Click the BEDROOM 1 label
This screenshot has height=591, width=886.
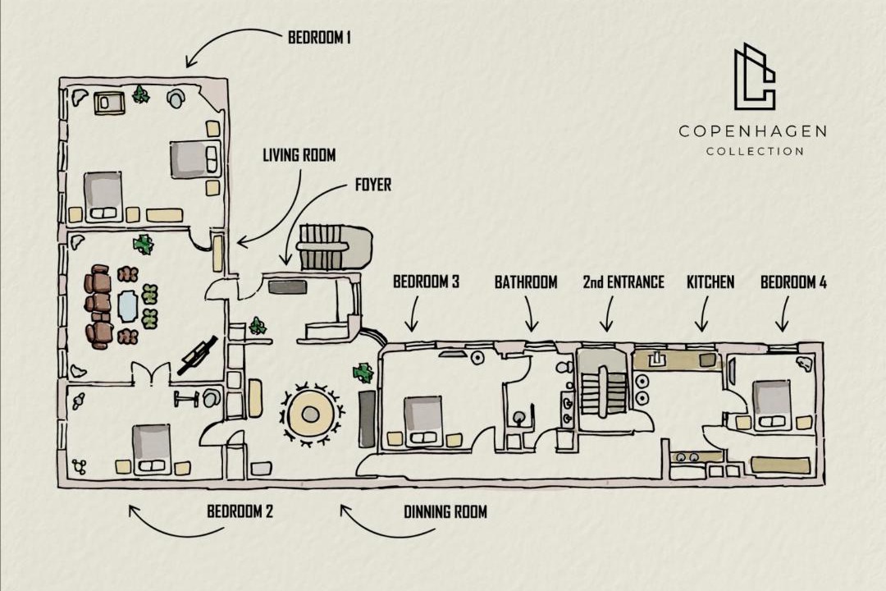pos(319,38)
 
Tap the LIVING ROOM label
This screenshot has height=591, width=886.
pos(299,155)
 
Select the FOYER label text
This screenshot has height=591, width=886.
pos(373,185)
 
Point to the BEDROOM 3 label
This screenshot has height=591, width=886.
pos(426,281)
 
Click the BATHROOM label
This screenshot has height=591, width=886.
pos(526,282)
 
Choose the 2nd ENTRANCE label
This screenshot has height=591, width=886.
pos(623,282)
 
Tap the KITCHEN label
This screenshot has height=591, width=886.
pos(710,282)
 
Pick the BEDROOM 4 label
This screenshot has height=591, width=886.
pos(793,282)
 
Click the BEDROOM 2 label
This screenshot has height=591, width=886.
pos(240,511)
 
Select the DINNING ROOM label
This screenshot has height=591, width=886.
pos(445,512)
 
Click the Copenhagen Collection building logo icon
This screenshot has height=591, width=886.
pos(755,76)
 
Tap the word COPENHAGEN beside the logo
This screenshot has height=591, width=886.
pos(752,132)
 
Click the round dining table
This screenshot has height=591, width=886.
pos(310,415)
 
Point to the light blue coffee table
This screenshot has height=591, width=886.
pos(128,306)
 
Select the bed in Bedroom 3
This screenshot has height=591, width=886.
pos(422,420)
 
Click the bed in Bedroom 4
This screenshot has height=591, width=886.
pos(771,405)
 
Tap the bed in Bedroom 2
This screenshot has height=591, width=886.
pos(151,449)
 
